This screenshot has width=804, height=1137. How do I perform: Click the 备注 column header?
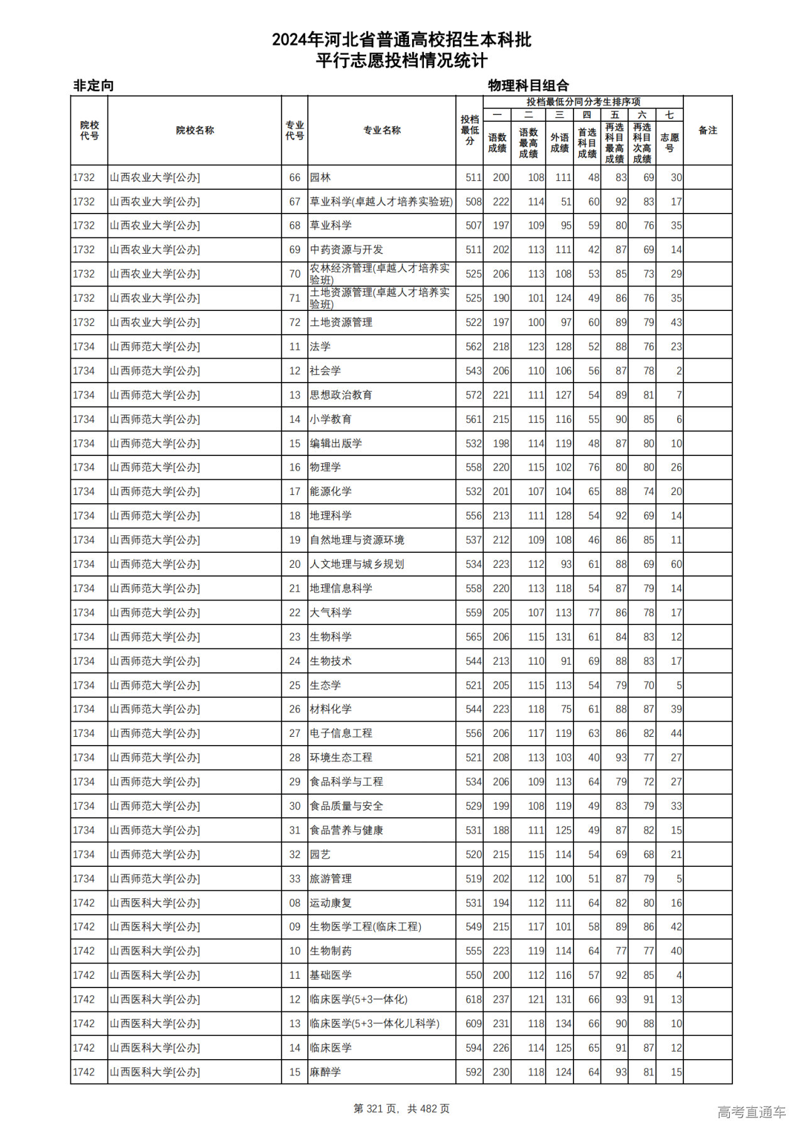(x=707, y=131)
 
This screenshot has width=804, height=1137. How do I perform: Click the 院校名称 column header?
(x=195, y=131)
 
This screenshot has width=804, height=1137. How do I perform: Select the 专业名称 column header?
(x=381, y=131)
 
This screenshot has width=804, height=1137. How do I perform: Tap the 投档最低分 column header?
(x=469, y=131)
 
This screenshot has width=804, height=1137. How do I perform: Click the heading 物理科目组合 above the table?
(x=528, y=85)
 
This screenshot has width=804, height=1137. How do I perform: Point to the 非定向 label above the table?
(x=94, y=85)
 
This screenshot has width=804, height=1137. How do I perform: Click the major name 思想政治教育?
(x=341, y=395)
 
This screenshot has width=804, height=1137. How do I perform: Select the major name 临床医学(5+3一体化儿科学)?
(x=374, y=1023)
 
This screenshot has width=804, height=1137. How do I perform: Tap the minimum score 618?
(x=474, y=999)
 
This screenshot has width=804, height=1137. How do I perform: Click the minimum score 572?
(x=474, y=395)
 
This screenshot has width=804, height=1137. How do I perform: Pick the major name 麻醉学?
(x=325, y=1072)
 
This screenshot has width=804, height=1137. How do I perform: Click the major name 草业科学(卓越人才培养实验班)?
(x=381, y=202)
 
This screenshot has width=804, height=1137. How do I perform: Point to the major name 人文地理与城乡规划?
(x=357, y=564)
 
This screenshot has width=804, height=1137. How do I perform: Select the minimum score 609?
(x=474, y=1023)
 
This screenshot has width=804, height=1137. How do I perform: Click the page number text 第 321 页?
(x=376, y=1109)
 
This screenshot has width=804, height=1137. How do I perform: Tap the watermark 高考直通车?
(x=751, y=1112)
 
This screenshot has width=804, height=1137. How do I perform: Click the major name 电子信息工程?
(x=341, y=733)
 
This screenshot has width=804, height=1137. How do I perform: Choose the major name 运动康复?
(x=330, y=903)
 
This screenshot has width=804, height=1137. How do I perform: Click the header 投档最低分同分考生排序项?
(x=583, y=102)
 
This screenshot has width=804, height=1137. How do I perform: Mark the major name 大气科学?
(x=330, y=612)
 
